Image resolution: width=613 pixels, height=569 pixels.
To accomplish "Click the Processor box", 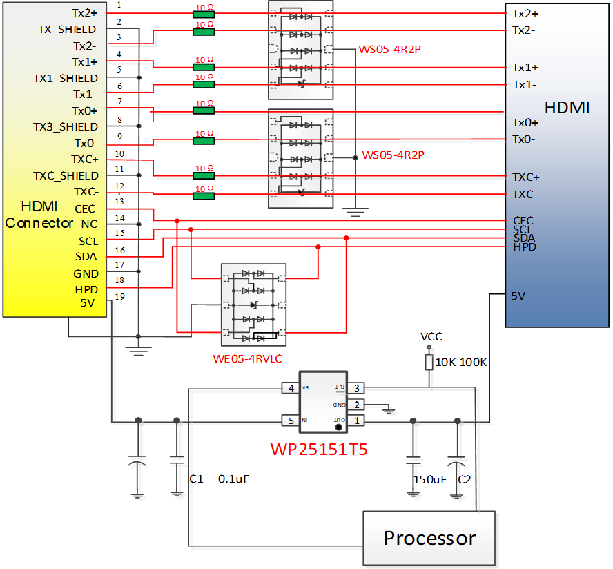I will [429, 538].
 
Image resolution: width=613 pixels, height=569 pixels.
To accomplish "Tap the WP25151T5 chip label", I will [318, 450].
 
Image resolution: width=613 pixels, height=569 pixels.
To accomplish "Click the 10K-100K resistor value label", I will [462, 361].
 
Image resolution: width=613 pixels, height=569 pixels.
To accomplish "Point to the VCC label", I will [431, 337].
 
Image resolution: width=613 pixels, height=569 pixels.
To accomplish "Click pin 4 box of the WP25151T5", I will [291, 389].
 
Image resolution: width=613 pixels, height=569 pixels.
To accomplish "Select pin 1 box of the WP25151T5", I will [356, 421].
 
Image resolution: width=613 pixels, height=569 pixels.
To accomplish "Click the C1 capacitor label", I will [196, 479].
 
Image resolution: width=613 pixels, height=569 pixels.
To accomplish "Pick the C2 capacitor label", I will [465, 479].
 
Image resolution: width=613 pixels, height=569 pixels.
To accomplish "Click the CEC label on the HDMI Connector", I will [84, 209].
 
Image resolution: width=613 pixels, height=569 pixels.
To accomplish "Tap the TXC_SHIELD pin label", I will [66, 176].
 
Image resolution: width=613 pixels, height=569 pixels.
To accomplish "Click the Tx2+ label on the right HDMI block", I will [525, 13].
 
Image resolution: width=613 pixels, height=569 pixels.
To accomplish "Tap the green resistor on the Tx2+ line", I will [204, 14].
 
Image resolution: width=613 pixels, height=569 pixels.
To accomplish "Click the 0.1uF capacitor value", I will [233, 479].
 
